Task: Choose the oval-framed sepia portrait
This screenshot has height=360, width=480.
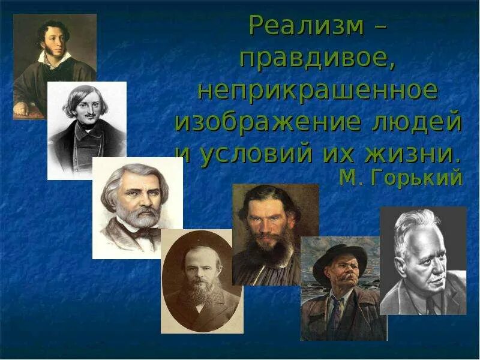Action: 202,281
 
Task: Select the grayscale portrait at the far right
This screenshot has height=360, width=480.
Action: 423,260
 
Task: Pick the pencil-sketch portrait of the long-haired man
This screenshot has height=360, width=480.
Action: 86,130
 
